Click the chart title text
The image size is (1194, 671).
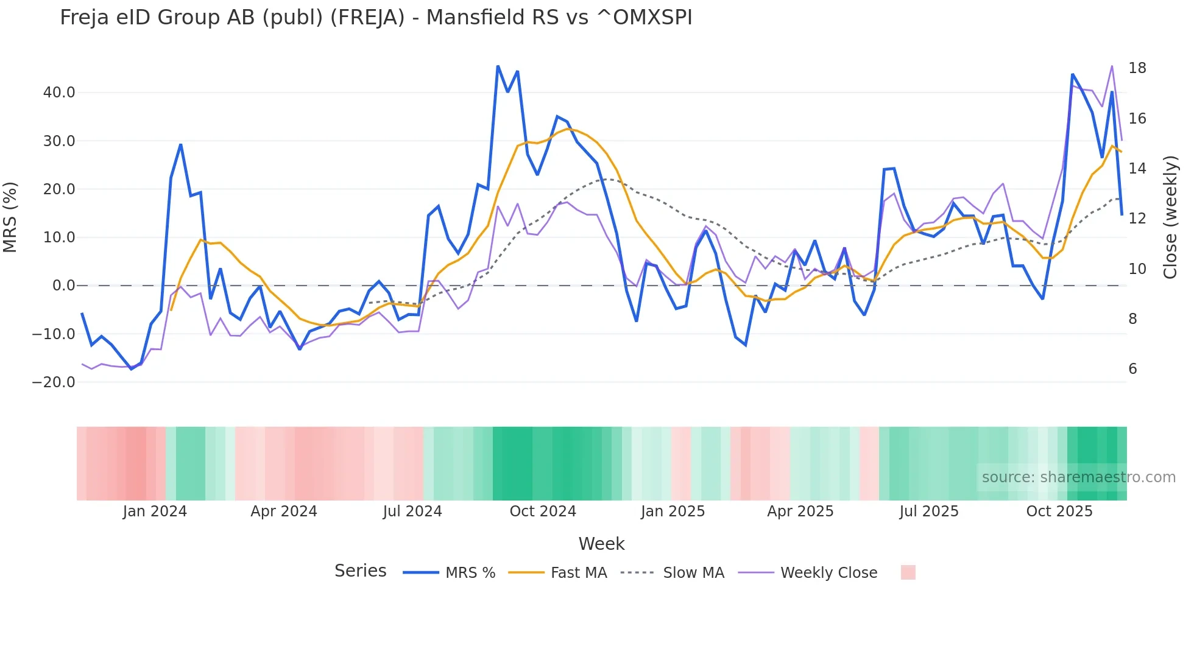376,18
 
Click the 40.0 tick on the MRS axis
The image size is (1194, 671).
59,93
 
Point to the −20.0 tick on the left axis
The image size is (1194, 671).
54,382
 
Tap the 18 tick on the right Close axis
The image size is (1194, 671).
1137,68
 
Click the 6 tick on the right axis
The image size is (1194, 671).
1132,369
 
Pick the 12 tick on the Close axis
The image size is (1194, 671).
1137,219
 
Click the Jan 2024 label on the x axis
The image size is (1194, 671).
155,511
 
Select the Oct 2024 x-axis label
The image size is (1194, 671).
543,511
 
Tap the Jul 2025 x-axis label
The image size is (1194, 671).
929,511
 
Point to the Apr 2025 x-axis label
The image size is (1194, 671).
800,511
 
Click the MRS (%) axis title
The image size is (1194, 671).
10,217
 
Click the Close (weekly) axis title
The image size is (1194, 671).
1170,217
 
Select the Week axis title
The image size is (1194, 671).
601,544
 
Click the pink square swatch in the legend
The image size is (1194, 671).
908,572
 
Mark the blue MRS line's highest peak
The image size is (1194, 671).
498,66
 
